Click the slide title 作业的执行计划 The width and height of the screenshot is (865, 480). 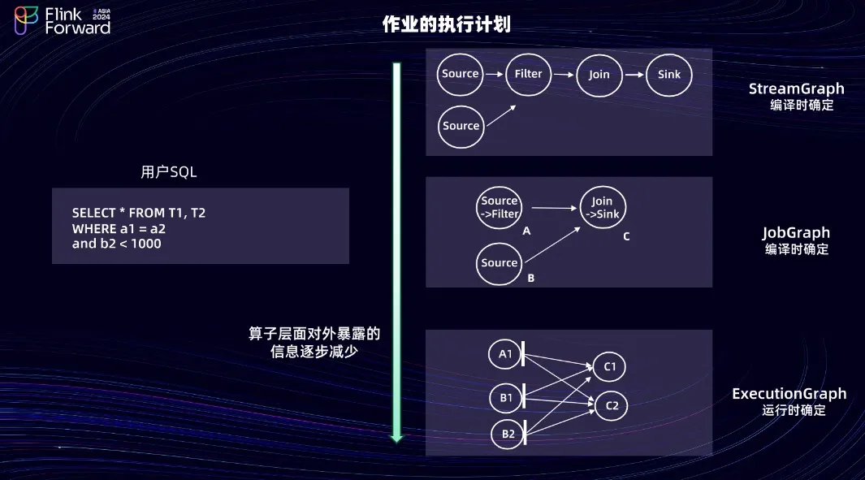(x=446, y=24)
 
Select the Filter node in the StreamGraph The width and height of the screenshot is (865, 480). (x=528, y=74)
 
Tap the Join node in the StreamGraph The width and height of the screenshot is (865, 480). (x=599, y=75)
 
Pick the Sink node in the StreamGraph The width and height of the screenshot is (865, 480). (x=669, y=75)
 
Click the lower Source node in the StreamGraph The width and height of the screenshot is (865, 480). (x=461, y=126)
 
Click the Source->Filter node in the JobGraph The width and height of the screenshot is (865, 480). (x=499, y=207)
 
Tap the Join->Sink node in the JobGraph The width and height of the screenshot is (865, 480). (x=603, y=208)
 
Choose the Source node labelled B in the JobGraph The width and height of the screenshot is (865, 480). (x=499, y=263)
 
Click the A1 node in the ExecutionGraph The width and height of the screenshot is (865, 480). (x=505, y=354)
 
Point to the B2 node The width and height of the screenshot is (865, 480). (x=508, y=435)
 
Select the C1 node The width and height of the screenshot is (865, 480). (x=610, y=367)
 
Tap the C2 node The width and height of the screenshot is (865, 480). (x=611, y=404)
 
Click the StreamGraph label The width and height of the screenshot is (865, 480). (x=796, y=89)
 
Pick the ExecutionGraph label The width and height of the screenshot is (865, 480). (x=789, y=394)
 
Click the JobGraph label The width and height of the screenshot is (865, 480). (x=797, y=233)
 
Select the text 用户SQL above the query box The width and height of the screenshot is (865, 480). (x=169, y=172)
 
